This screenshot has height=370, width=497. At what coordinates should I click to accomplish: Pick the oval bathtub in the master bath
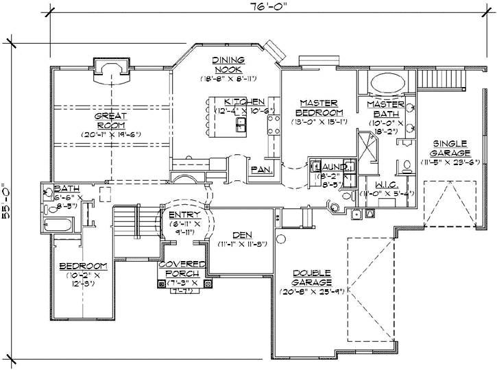[x=387, y=86]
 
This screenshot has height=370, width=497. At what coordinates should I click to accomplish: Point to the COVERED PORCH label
[x=182, y=269]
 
